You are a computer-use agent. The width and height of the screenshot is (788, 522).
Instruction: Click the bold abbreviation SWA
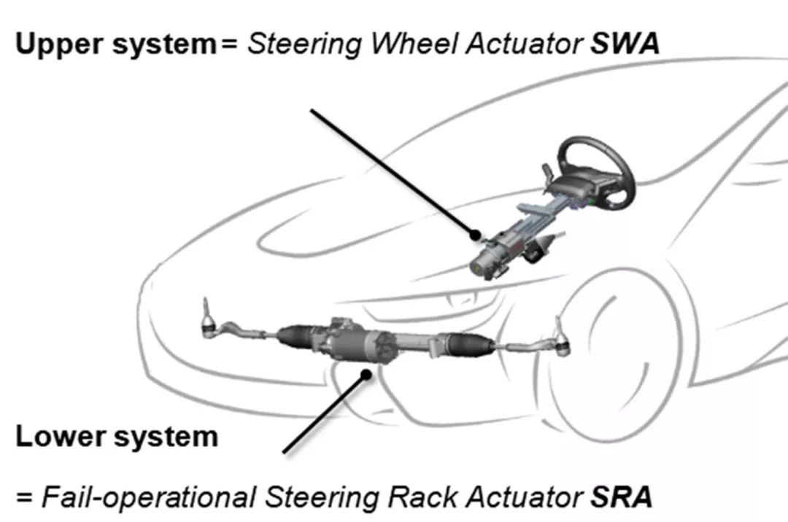[x=625, y=44]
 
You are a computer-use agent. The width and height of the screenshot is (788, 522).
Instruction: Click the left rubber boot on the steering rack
[x=297, y=335]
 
